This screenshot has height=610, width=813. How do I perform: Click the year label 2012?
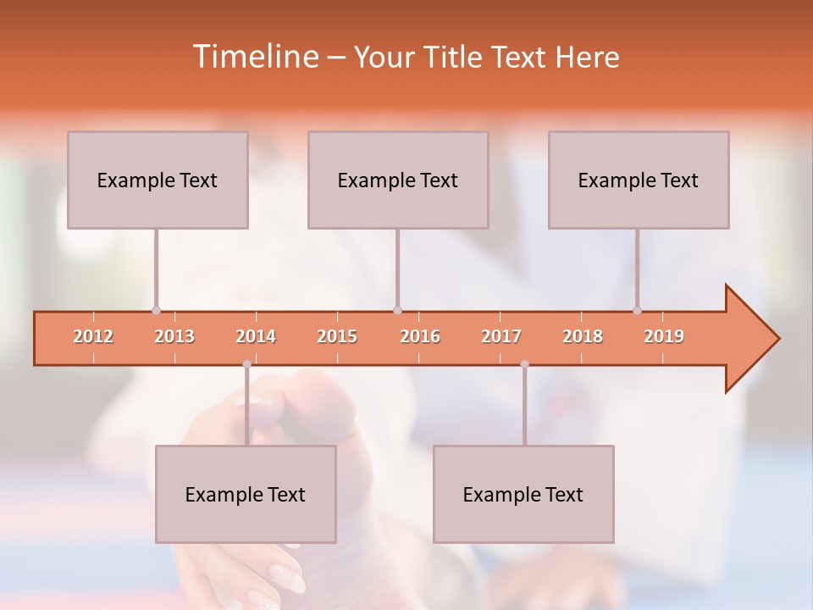(x=93, y=336)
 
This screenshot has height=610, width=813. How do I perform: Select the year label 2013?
(x=174, y=336)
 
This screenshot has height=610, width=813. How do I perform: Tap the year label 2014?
(x=256, y=336)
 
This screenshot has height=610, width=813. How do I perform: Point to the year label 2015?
(x=337, y=336)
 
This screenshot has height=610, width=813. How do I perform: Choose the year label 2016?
(x=420, y=336)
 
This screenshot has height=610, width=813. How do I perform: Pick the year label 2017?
(x=501, y=336)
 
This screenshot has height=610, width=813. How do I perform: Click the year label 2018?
(x=583, y=336)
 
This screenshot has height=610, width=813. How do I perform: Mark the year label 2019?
(x=664, y=336)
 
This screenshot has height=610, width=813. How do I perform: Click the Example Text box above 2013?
(x=158, y=180)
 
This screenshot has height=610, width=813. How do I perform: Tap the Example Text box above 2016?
(x=398, y=180)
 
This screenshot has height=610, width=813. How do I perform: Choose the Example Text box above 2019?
(x=639, y=180)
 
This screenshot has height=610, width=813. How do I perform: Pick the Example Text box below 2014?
(x=246, y=494)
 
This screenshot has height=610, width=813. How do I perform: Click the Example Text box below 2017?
(x=523, y=494)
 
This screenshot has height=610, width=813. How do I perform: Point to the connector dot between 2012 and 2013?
(x=156, y=310)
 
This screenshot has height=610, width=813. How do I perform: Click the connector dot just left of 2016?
(x=397, y=310)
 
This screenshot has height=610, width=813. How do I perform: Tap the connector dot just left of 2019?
(x=637, y=310)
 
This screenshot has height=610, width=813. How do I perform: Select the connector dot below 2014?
(x=246, y=364)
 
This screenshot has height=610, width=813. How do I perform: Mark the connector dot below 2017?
(x=524, y=364)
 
